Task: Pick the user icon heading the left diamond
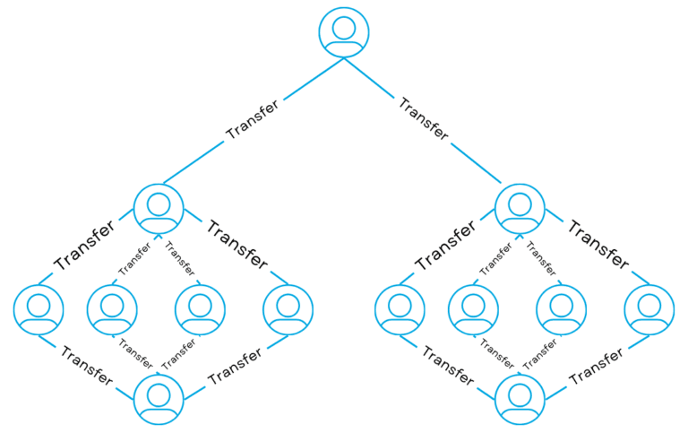click(x=159, y=208)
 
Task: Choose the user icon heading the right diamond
click(x=520, y=208)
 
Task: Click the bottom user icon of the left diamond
click(x=159, y=398)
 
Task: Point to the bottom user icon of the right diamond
click(x=520, y=398)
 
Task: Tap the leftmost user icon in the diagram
click(x=39, y=308)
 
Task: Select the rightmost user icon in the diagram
click(x=649, y=308)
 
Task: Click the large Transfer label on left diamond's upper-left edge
click(x=84, y=244)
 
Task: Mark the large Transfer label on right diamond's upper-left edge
click(x=445, y=244)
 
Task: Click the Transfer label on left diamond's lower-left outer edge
click(x=87, y=365)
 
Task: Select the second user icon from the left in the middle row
click(x=112, y=308)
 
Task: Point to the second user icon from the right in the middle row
click(x=562, y=308)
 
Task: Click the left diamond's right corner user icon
click(x=288, y=308)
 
